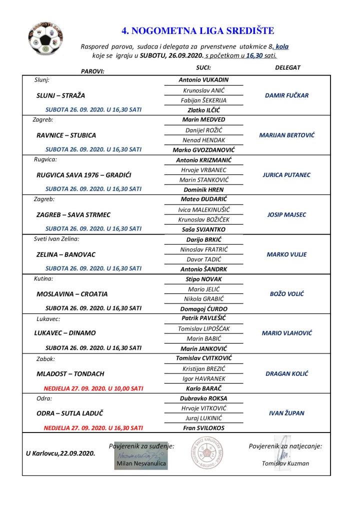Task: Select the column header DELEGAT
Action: click(287, 67)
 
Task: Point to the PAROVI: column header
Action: click(92, 71)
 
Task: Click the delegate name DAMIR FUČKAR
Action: click(286, 95)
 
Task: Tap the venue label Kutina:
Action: click(44, 278)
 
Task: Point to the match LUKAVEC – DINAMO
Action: click(66, 333)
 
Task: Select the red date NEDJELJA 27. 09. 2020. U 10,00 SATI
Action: click(93, 387)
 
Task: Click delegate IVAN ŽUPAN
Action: click(286, 413)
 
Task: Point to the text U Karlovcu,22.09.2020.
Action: click(60, 453)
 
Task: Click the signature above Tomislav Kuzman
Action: click(282, 447)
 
